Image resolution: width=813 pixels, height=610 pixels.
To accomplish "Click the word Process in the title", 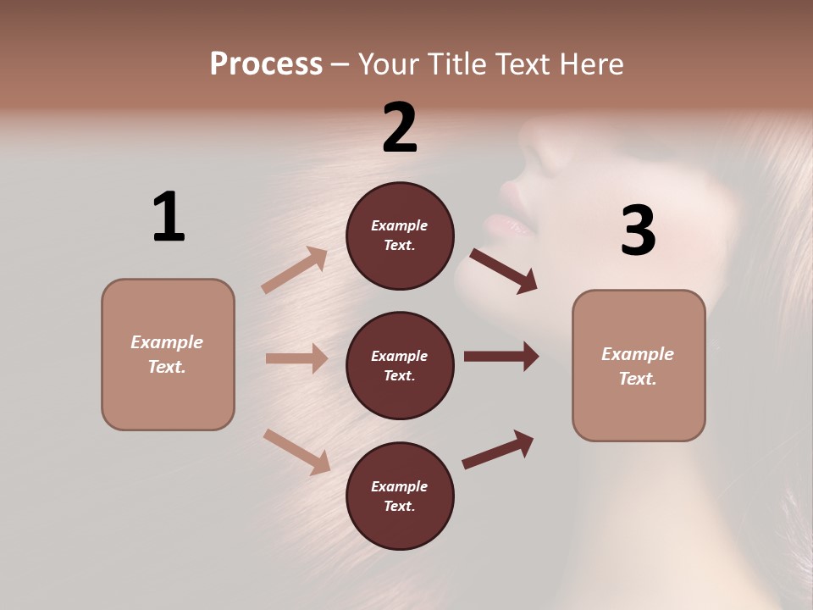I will pyautogui.click(x=266, y=64).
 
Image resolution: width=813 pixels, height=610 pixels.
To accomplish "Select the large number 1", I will pyautogui.click(x=169, y=217).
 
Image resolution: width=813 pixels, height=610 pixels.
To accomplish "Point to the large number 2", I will pyautogui.click(x=400, y=128).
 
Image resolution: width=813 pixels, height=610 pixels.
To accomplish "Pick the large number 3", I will pyautogui.click(x=638, y=230).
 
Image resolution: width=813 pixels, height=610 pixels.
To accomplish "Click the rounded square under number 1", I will pyautogui.click(x=168, y=354).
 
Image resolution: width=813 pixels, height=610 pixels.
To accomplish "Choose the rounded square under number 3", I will pyautogui.click(x=639, y=366).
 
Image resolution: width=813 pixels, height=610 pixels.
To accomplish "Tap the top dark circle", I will pyautogui.click(x=400, y=236).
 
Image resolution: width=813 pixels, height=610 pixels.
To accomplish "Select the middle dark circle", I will pyautogui.click(x=400, y=365).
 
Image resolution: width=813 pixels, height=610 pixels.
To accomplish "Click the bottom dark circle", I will pyautogui.click(x=400, y=496).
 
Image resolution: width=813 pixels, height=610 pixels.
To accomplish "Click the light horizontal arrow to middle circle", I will pyautogui.click(x=296, y=358).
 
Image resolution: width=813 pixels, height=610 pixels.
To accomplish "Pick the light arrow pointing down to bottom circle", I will pyautogui.click(x=296, y=452).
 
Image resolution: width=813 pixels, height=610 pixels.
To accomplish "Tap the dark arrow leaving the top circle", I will pyautogui.click(x=504, y=270).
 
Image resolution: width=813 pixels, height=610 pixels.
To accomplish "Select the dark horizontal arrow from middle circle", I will pyautogui.click(x=501, y=357).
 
